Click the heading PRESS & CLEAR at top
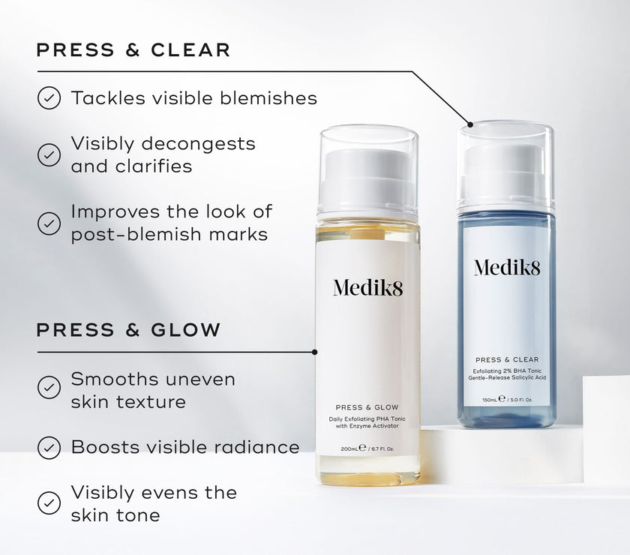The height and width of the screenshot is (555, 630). (133, 49)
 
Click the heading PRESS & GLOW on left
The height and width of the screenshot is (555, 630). (128, 330)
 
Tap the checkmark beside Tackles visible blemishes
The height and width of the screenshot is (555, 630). (49, 98)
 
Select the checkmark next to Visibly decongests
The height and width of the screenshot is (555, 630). (49, 154)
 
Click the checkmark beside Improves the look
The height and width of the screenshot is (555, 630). (49, 223)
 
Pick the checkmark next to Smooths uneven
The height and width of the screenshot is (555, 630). (49, 388)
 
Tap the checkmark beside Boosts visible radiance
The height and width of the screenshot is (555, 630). (49, 447)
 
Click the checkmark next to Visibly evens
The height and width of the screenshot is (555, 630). (49, 502)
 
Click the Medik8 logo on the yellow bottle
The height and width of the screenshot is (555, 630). (367, 288)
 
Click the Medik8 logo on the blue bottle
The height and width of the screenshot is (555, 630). (507, 268)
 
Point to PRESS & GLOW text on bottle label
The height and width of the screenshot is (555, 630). (367, 407)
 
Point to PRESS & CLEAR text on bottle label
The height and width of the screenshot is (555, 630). (507, 360)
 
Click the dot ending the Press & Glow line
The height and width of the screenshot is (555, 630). (314, 352)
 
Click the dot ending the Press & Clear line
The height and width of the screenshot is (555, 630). (470, 124)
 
